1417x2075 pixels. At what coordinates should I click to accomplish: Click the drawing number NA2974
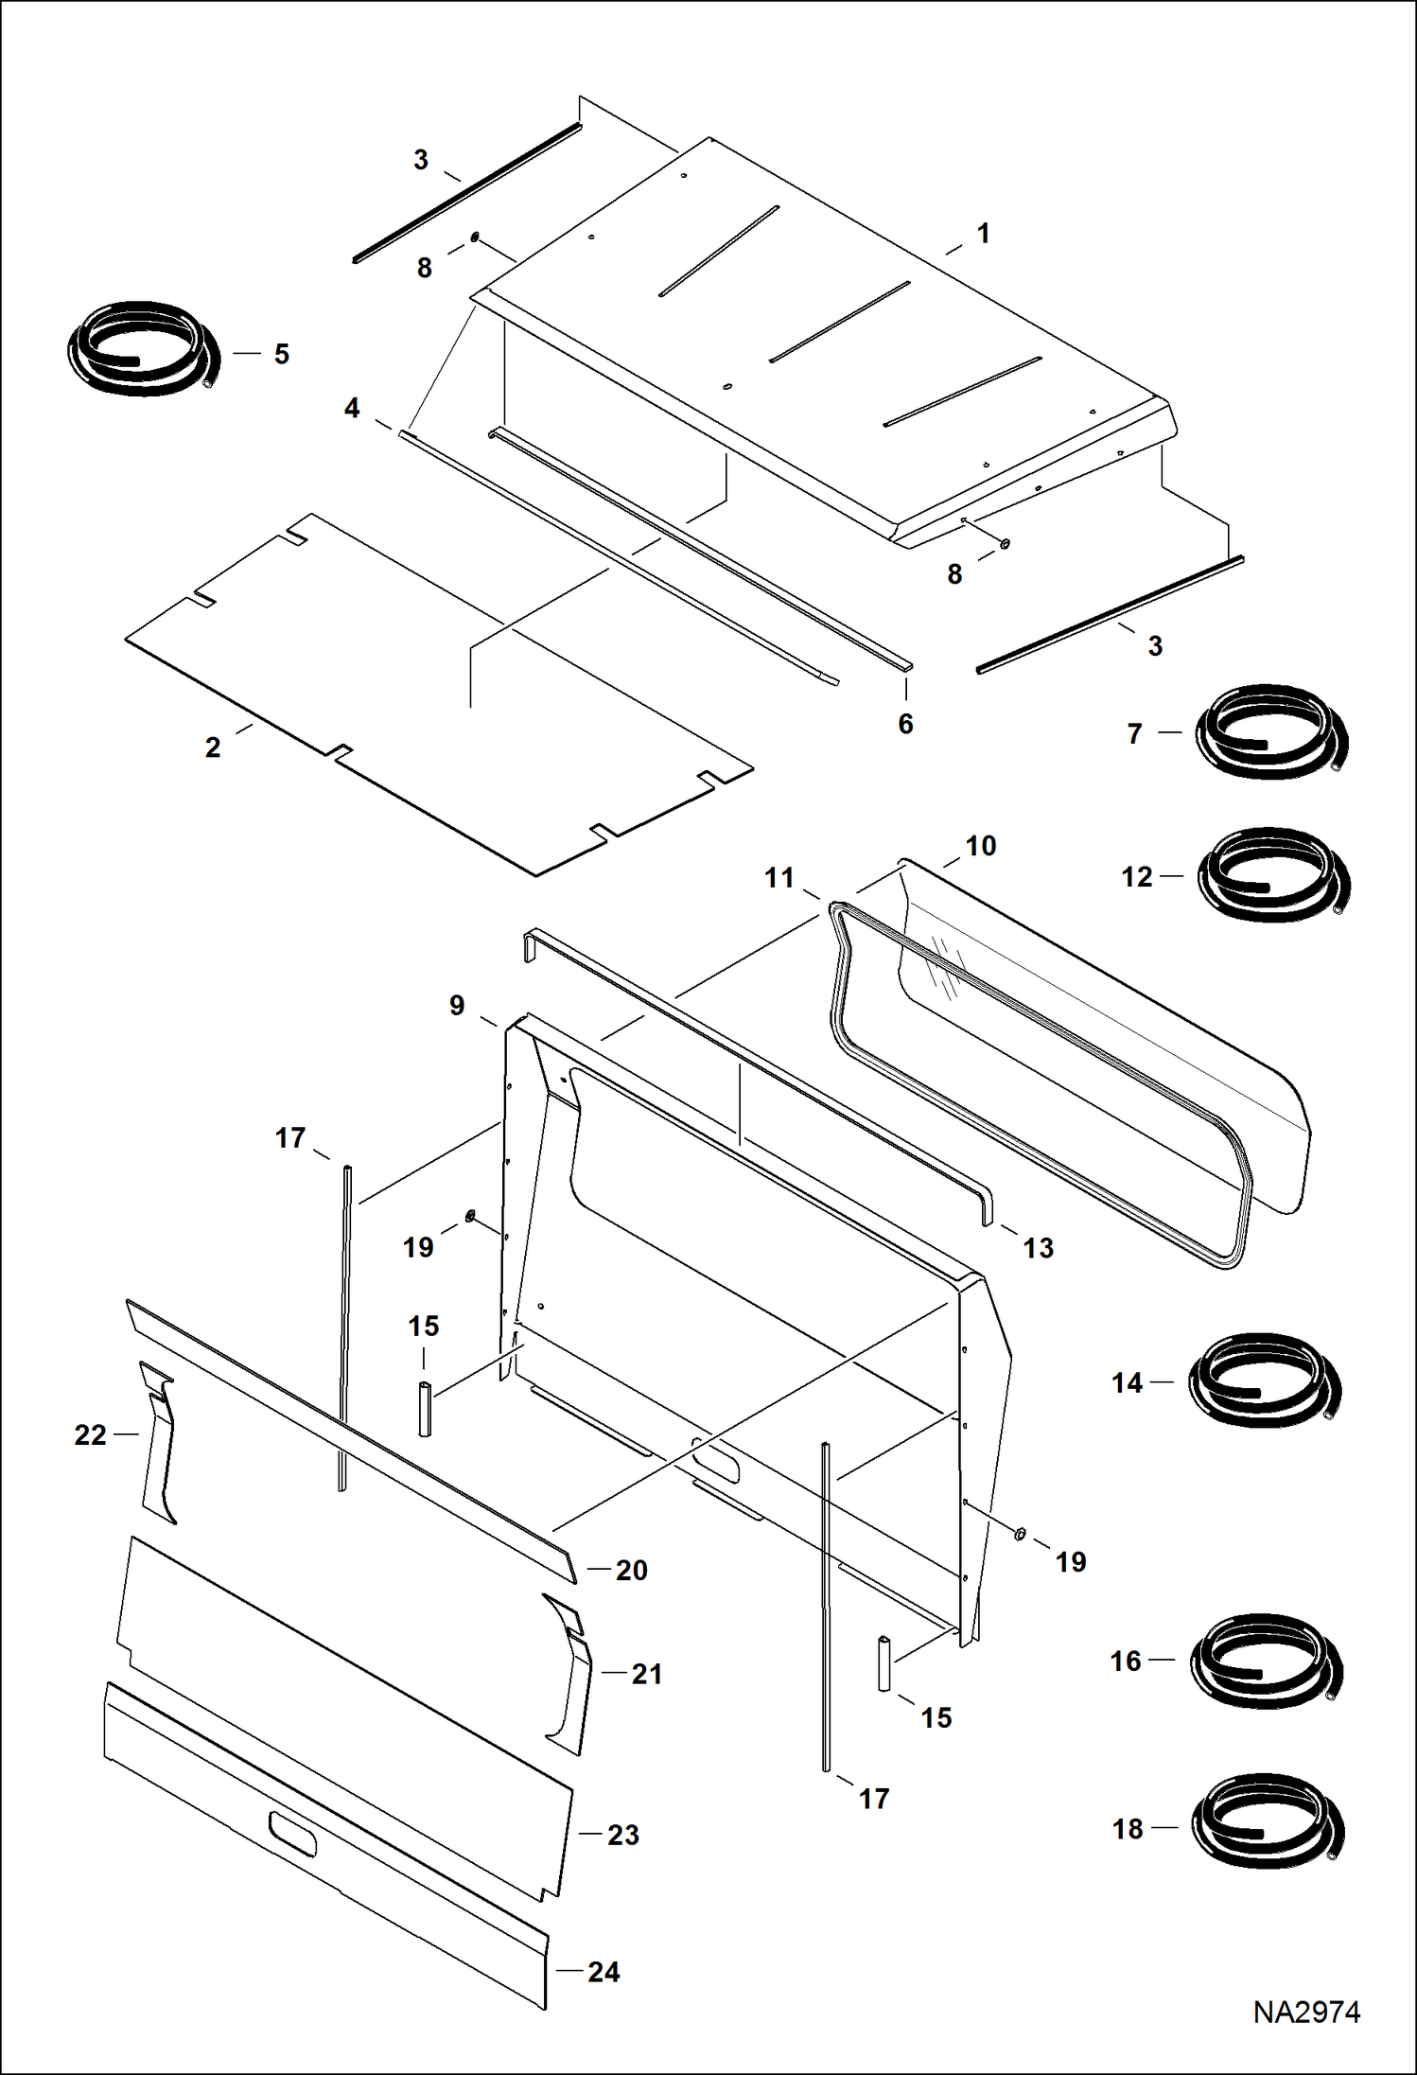point(1305,2012)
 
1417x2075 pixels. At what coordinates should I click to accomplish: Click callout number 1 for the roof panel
point(983,234)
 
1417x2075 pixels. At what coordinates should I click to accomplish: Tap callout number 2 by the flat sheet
point(213,747)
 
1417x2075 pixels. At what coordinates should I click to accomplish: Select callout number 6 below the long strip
point(905,724)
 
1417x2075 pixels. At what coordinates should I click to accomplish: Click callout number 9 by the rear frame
point(457,1006)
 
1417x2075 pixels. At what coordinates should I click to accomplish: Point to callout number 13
point(1038,1248)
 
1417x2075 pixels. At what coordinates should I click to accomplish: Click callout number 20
point(631,1570)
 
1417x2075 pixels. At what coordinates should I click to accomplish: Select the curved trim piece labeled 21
point(570,1676)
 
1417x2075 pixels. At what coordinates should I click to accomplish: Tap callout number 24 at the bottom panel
point(604,1972)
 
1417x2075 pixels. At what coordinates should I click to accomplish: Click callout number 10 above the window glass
point(980,846)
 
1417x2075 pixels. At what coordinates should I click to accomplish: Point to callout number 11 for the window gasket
point(778,878)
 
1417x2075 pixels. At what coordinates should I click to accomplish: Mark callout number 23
point(622,1835)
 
